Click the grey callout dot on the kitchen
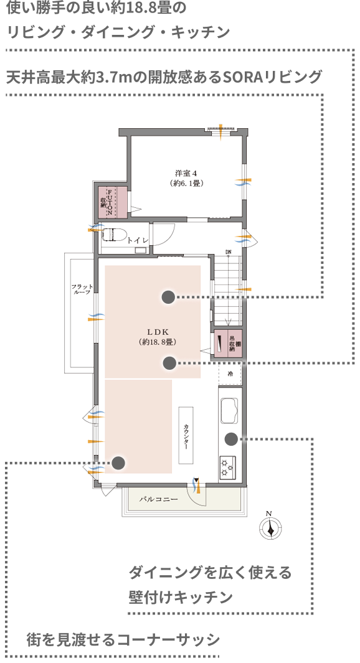230,439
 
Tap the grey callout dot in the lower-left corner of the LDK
118,463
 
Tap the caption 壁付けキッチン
181,596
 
